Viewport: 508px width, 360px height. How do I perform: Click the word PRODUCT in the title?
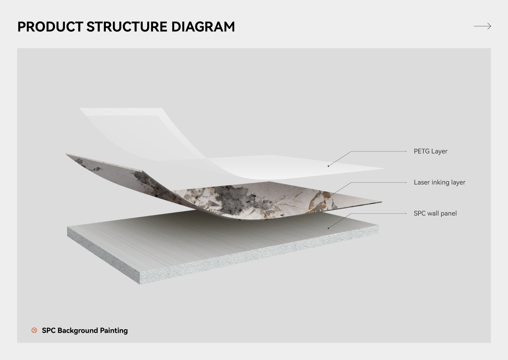(50, 27)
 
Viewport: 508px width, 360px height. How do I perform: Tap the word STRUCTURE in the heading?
(127, 27)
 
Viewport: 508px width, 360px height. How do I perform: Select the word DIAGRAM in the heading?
(203, 27)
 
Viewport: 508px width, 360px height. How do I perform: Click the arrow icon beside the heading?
(482, 26)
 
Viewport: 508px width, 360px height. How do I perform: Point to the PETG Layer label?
(430, 151)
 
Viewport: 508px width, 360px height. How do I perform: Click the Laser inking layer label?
(440, 182)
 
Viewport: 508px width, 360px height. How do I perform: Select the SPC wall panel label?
(435, 214)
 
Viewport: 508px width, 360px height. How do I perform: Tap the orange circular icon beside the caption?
(34, 330)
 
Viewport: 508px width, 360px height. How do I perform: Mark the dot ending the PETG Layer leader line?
(328, 166)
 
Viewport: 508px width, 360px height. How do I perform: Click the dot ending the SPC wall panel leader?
(328, 228)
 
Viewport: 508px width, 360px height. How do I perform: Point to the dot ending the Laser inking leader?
(328, 197)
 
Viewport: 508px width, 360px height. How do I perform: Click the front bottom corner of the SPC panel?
(140, 284)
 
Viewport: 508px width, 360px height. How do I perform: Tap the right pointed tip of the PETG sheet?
(384, 169)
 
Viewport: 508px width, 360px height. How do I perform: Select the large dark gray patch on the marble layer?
(236, 200)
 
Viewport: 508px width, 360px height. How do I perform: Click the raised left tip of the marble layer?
(66, 154)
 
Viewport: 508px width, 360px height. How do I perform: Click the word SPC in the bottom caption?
(49, 330)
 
